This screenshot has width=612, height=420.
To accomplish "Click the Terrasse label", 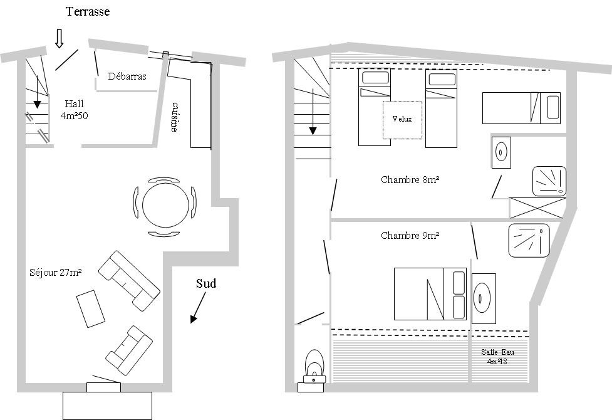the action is (88, 12).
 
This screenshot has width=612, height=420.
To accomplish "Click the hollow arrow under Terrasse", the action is (59, 38).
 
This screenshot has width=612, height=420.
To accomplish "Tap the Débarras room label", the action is (127, 76).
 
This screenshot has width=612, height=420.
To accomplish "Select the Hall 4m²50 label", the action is (74, 110).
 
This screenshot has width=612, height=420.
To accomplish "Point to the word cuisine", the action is (175, 117).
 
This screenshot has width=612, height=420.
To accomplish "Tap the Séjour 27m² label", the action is (55, 272).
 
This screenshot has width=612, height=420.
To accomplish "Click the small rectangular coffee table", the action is (91, 308).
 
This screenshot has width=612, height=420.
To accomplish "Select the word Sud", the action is (205, 283).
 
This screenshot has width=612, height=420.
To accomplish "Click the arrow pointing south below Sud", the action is (198, 308).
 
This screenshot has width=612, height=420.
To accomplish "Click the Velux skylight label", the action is (402, 119).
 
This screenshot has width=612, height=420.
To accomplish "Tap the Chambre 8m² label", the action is (410, 180).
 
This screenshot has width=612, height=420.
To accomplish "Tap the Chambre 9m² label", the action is (410, 236).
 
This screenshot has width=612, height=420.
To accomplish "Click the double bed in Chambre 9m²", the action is (430, 294).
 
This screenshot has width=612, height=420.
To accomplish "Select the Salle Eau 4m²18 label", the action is (497, 357).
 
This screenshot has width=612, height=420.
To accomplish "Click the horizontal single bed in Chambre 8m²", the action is (521, 108).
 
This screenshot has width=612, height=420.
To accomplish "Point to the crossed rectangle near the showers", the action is (538, 208).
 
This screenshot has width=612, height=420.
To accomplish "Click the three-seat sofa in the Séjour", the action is (129, 280).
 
